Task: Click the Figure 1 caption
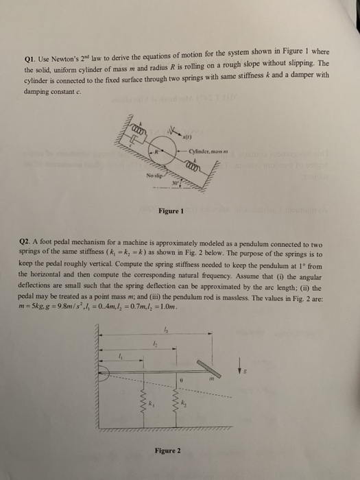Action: point(170,212)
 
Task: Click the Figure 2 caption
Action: point(169,451)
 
